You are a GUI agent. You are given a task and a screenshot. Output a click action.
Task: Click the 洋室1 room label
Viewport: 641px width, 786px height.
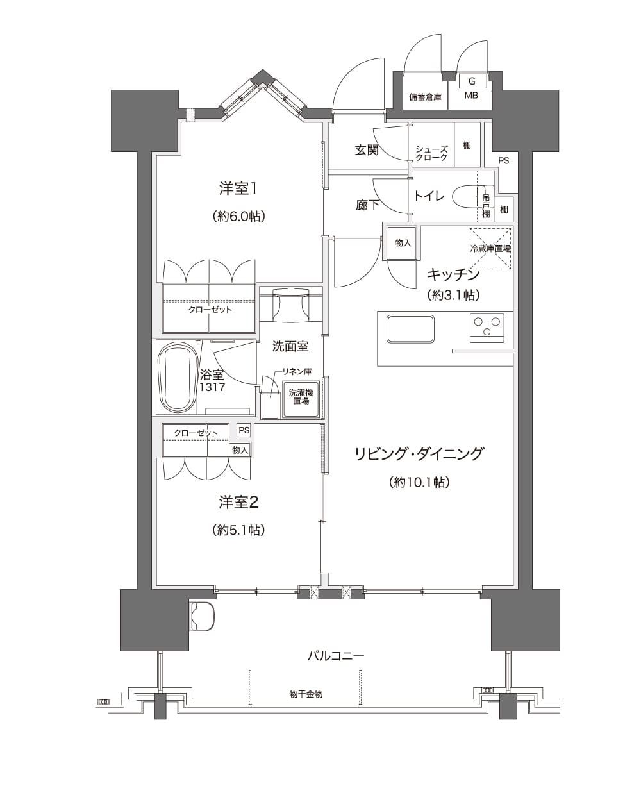pyautogui.click(x=238, y=188)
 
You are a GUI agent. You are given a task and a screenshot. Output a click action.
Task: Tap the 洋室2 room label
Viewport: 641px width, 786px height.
pyautogui.click(x=238, y=503)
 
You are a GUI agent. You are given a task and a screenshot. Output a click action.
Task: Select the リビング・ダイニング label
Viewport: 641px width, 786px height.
pyautogui.click(x=419, y=454)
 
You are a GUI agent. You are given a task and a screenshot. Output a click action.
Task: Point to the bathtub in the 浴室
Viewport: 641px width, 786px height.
pyautogui.click(x=178, y=378)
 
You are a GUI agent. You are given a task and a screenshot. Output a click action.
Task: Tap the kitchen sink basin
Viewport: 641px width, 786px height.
pyautogui.click(x=410, y=329)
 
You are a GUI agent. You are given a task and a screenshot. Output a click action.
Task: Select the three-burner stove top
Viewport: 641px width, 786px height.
pyautogui.click(x=487, y=328)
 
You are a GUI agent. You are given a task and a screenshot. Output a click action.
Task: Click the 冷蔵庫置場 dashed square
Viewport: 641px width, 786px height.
pyautogui.click(x=490, y=248)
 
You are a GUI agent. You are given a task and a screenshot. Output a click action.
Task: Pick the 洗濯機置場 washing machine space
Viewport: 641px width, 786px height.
pyautogui.click(x=301, y=399)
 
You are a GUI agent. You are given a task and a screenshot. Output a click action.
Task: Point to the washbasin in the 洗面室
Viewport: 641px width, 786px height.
pyautogui.click(x=291, y=306)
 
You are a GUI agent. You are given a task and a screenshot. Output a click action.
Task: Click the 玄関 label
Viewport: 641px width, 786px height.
pyautogui.click(x=367, y=150)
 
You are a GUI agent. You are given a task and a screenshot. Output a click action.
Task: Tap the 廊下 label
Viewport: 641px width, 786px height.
pyautogui.click(x=367, y=205)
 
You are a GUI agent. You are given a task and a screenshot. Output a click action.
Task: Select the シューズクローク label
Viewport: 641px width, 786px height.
pyautogui.click(x=431, y=153)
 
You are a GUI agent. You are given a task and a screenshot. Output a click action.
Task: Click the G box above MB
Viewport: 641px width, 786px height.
pyautogui.click(x=472, y=81)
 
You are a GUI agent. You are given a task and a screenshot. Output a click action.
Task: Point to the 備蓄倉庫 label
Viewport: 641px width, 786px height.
pyautogui.click(x=425, y=97)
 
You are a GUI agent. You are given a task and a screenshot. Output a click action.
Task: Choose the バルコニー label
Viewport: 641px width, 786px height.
pyautogui.click(x=335, y=656)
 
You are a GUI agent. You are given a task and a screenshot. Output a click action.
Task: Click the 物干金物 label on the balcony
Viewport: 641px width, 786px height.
pyautogui.click(x=306, y=694)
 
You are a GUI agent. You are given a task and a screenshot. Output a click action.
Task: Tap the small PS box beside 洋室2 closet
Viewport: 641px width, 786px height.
pyautogui.click(x=244, y=430)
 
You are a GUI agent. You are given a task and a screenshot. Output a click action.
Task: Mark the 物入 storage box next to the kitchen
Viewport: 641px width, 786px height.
pyautogui.click(x=403, y=243)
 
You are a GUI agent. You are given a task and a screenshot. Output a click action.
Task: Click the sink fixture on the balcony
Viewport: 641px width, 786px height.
pyautogui.click(x=202, y=616)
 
